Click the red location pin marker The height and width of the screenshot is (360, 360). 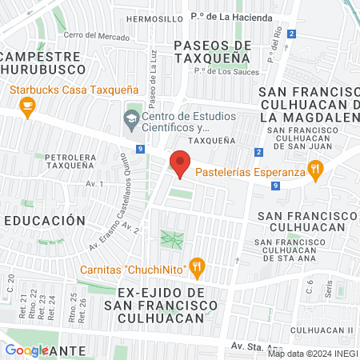pos(180,165)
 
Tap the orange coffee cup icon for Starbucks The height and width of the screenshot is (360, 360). pos(27,106)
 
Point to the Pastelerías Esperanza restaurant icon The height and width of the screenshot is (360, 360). pos(317,169)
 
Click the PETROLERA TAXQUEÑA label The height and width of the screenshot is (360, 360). pos(76,163)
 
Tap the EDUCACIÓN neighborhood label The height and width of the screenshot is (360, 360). pos(44,220)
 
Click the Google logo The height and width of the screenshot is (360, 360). pos(26,350)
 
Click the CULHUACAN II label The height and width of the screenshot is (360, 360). pos(322,330)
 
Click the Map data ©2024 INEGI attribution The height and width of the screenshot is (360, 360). pos(312,353)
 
